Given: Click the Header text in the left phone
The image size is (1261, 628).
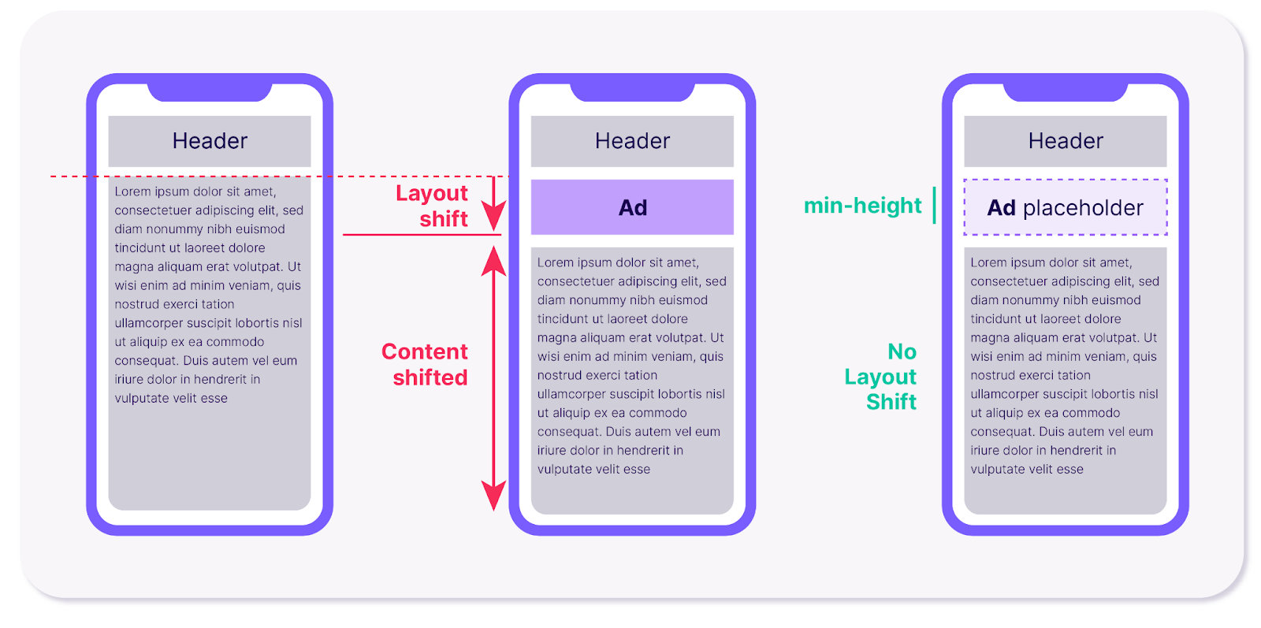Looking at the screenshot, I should (x=210, y=141).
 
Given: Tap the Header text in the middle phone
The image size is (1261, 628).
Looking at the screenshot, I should (x=632, y=141).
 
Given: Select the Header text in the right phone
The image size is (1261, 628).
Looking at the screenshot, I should (x=1066, y=141).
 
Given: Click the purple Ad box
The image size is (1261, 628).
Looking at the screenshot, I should (x=632, y=207).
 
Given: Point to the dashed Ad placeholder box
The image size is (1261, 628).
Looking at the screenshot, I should (x=1066, y=207).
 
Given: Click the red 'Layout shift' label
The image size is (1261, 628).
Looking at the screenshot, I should (x=432, y=206).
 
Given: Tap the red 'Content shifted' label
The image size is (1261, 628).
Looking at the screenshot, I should (x=426, y=364).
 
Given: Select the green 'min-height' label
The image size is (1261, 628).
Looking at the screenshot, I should (x=862, y=206).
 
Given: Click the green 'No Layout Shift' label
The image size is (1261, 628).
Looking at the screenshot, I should (x=882, y=377).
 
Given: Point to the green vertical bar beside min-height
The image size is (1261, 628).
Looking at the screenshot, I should (x=935, y=205).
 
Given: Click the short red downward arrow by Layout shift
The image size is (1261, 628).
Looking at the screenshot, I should (x=493, y=204).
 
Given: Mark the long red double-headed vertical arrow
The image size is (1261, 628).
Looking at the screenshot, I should (x=493, y=378).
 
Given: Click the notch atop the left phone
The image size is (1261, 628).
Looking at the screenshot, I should (x=210, y=91).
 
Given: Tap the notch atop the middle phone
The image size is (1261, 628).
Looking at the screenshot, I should (x=632, y=91).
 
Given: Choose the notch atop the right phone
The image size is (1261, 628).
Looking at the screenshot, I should (x=1066, y=91).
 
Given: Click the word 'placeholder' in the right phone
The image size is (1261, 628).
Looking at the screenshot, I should (x=1083, y=208).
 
